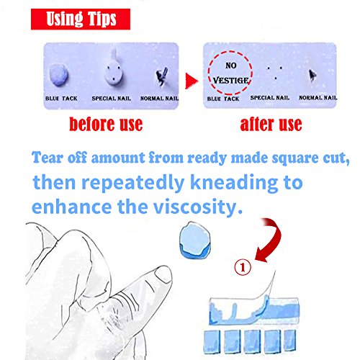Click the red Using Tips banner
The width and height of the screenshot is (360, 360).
(x=81, y=19)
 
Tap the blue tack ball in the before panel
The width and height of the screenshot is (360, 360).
(x=59, y=75)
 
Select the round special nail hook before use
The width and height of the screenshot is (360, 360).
(x=113, y=73)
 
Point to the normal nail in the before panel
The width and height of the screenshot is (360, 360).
(x=161, y=76)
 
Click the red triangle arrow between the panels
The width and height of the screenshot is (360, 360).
(x=192, y=81)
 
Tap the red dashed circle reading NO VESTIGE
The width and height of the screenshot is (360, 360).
(x=230, y=73)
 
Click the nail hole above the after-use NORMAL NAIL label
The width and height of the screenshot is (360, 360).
(x=312, y=76)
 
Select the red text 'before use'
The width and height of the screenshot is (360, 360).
(x=106, y=125)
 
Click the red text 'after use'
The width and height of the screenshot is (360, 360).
(x=271, y=125)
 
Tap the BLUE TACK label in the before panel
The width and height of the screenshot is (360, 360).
(x=61, y=99)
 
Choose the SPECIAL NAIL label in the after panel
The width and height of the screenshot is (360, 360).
(x=270, y=98)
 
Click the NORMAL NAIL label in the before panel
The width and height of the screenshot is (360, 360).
(x=159, y=99)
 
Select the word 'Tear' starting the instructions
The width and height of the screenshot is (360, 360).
(x=48, y=158)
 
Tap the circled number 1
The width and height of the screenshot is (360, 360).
(x=243, y=267)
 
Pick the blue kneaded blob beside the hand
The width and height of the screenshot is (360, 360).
(x=195, y=240)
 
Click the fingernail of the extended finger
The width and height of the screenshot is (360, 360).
(x=163, y=274)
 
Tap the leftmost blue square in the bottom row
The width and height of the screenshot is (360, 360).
(x=212, y=342)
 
